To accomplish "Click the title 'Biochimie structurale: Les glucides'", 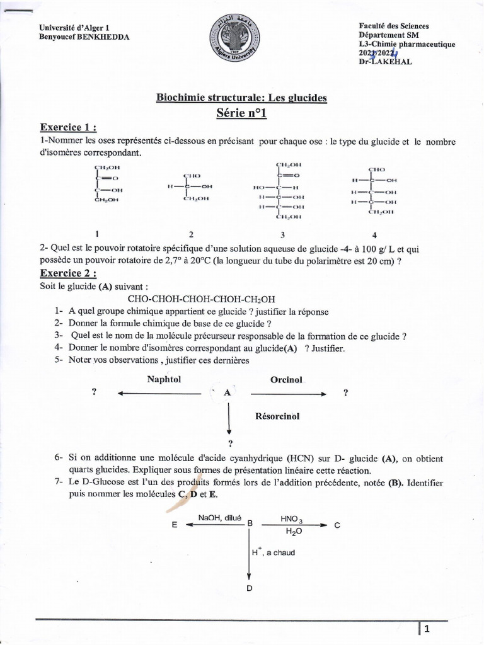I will coord(241,98).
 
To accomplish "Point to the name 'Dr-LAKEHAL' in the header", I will coord(385,62).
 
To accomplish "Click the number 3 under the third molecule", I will coord(283,235).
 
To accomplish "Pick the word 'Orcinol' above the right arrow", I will coord(287,380).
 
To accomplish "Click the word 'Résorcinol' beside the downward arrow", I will coord(277,416).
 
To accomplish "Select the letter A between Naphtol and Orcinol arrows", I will coord(227,392).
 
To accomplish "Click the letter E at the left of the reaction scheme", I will coord(174,524).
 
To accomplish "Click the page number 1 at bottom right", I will coord(427,628).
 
